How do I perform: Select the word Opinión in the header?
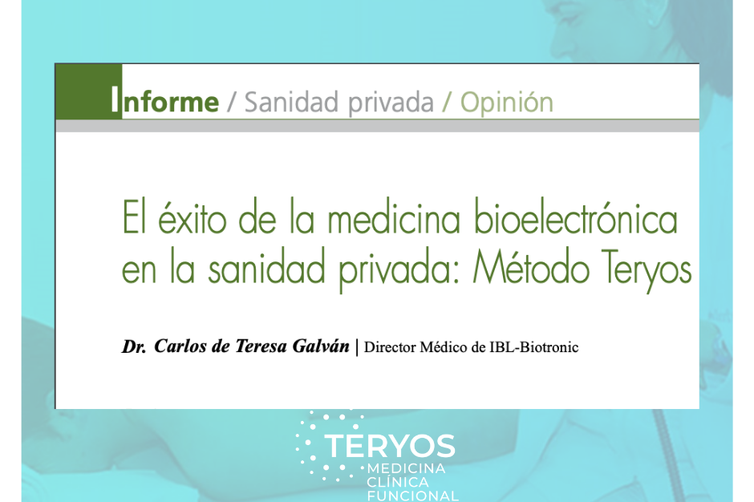507,102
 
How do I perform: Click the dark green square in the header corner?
88,91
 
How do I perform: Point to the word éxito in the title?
192,218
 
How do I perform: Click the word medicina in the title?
394,218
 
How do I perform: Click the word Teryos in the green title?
647,270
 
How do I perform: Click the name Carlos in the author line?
180,346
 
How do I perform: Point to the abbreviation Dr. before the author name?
134,346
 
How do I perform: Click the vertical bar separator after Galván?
357,347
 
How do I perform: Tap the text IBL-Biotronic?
533,347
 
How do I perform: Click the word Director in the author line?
390,347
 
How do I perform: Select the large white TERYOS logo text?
390,446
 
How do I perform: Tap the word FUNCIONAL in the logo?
413,496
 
